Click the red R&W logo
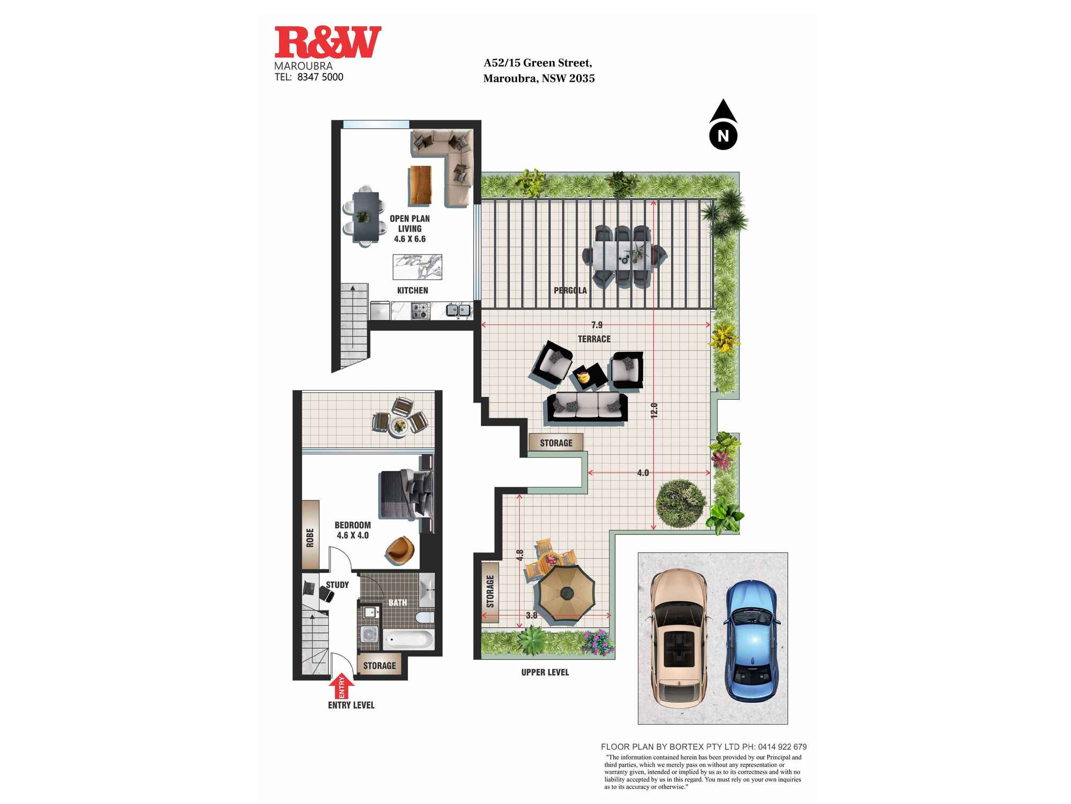coord(328,42)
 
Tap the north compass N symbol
coord(723,136)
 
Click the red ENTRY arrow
coord(341,687)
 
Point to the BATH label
coord(397,602)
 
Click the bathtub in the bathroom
coord(409,639)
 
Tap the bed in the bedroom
coord(405,494)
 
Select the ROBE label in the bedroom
coord(310,538)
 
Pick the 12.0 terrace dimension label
coord(654,411)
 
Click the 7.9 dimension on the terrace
coord(597,325)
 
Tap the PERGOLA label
coord(570,291)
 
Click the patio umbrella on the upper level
coord(567,593)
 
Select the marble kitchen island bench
coord(418,267)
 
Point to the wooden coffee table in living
coord(420,185)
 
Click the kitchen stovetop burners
coord(420,311)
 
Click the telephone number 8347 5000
coord(320,77)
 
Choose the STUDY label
coord(337,585)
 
